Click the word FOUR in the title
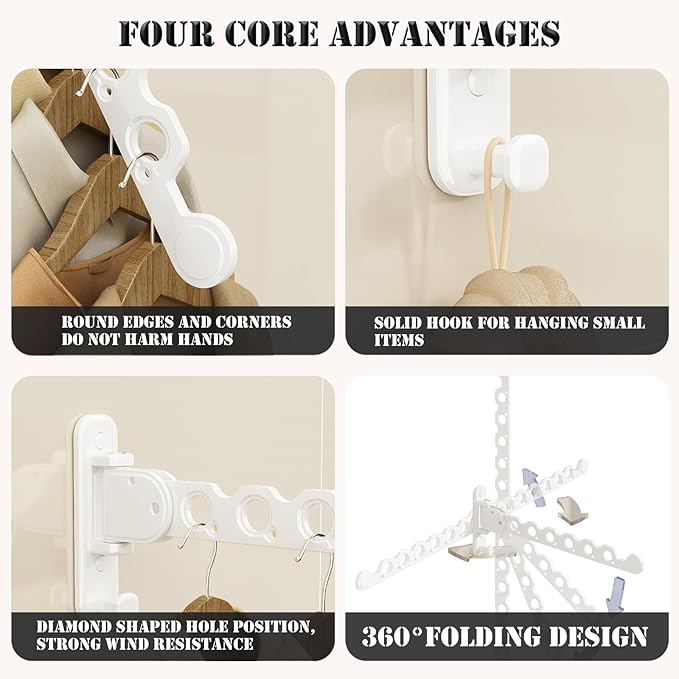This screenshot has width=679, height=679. pyautogui.click(x=167, y=33)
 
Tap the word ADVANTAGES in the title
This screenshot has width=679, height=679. pyautogui.click(x=444, y=33)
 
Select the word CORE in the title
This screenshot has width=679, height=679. pyautogui.click(x=272, y=33)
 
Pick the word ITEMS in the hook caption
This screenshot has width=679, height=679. pyautogui.click(x=399, y=340)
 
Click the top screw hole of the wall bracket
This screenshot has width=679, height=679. pyautogui.click(x=99, y=440)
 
